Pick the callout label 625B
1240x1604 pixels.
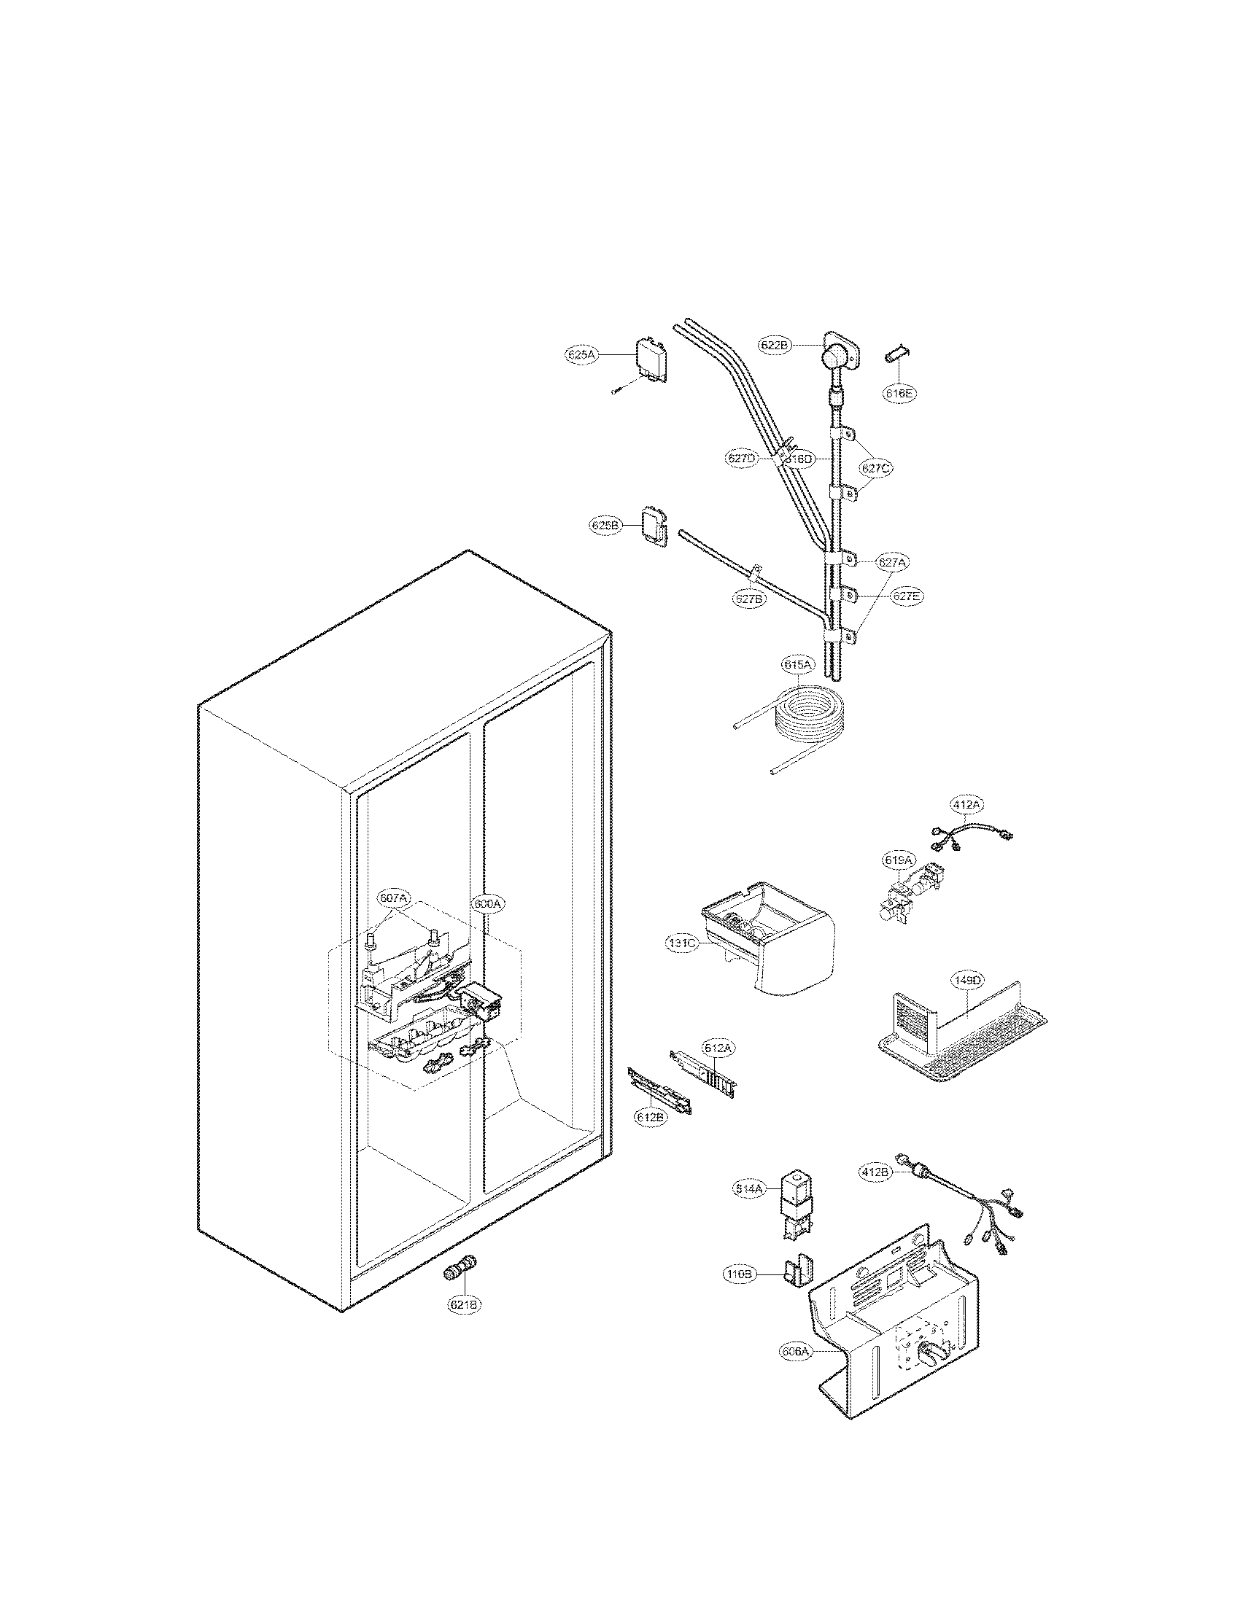click(606, 525)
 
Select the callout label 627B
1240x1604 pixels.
click(749, 599)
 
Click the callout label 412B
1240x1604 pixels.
click(875, 1172)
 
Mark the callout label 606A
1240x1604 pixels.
click(798, 1350)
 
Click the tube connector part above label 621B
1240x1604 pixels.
click(460, 1271)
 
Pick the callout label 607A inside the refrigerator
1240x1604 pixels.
click(394, 898)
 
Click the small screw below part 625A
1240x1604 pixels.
click(617, 391)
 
